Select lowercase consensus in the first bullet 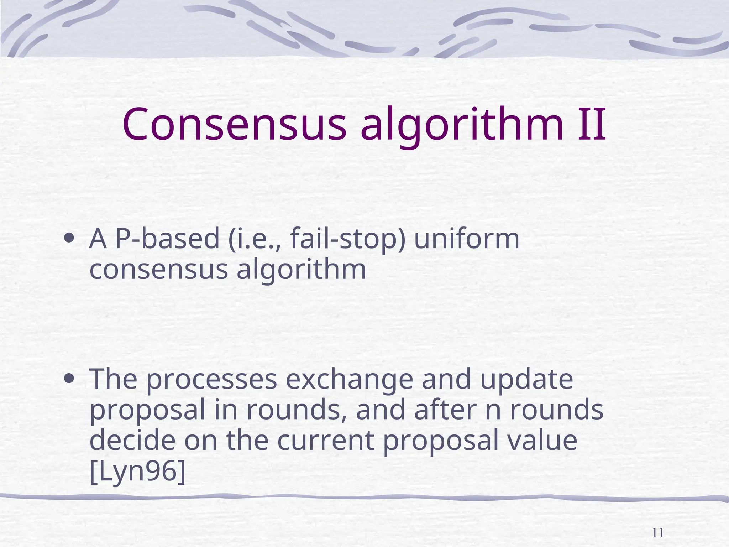[x=158, y=270]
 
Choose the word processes [x=211, y=380]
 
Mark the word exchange [x=349, y=380]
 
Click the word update [x=526, y=380]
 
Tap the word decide [x=132, y=440]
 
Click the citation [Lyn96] [x=137, y=471]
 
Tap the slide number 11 [x=658, y=533]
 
